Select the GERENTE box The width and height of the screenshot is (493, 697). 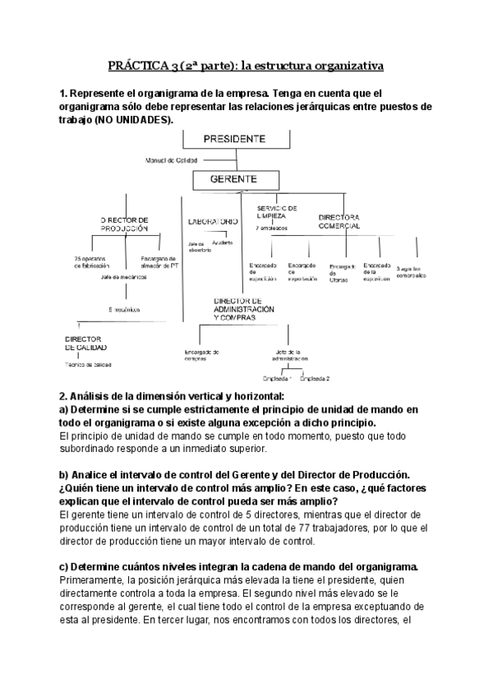pyautogui.click(x=234, y=178)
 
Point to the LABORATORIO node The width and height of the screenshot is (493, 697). pyautogui.click(x=213, y=221)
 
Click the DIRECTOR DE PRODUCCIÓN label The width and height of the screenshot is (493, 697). pyautogui.click(x=124, y=224)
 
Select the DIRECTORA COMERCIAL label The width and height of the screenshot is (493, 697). pyautogui.click(x=340, y=221)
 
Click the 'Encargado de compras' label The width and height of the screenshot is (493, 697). pyautogui.click(x=201, y=354)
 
